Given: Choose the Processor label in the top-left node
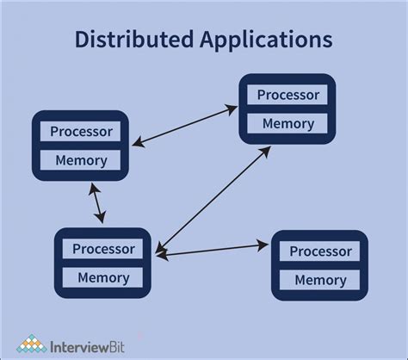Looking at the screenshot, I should pyautogui.click(x=80, y=132).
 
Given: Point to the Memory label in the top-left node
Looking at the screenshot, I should pyautogui.click(x=80, y=160).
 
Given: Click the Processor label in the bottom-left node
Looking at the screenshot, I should pyautogui.click(x=103, y=250).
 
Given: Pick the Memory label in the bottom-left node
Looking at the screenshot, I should pyautogui.click(x=103, y=277).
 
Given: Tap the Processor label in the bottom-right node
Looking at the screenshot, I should pyautogui.click(x=320, y=251).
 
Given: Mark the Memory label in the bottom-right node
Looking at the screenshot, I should pyautogui.click(x=320, y=280).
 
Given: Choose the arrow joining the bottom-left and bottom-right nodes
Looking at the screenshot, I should pyautogui.click(x=212, y=250).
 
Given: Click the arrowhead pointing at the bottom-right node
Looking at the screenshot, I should pyautogui.click(x=263, y=246).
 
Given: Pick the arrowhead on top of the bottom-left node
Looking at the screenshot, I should pyautogui.click(x=102, y=220).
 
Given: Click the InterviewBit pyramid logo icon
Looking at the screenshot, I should pyautogui.click(x=32, y=344).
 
